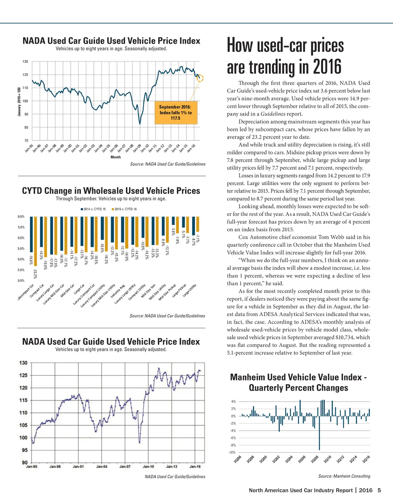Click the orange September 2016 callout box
click(175, 113)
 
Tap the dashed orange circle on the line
click(200, 78)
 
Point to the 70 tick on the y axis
click(25, 141)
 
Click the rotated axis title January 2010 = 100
click(19, 102)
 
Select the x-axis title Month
click(116, 157)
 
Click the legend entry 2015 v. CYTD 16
click(124, 209)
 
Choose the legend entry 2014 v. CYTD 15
click(93, 209)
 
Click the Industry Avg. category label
click(118, 292)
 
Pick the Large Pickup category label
click(179, 291)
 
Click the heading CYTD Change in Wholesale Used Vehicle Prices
click(111, 191)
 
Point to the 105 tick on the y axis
click(23, 425)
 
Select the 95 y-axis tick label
click(25, 450)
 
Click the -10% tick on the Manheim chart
click(232, 452)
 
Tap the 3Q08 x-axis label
click(315, 459)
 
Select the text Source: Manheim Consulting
click(344, 476)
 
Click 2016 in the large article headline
click(327, 67)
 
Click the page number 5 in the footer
click(379, 490)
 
